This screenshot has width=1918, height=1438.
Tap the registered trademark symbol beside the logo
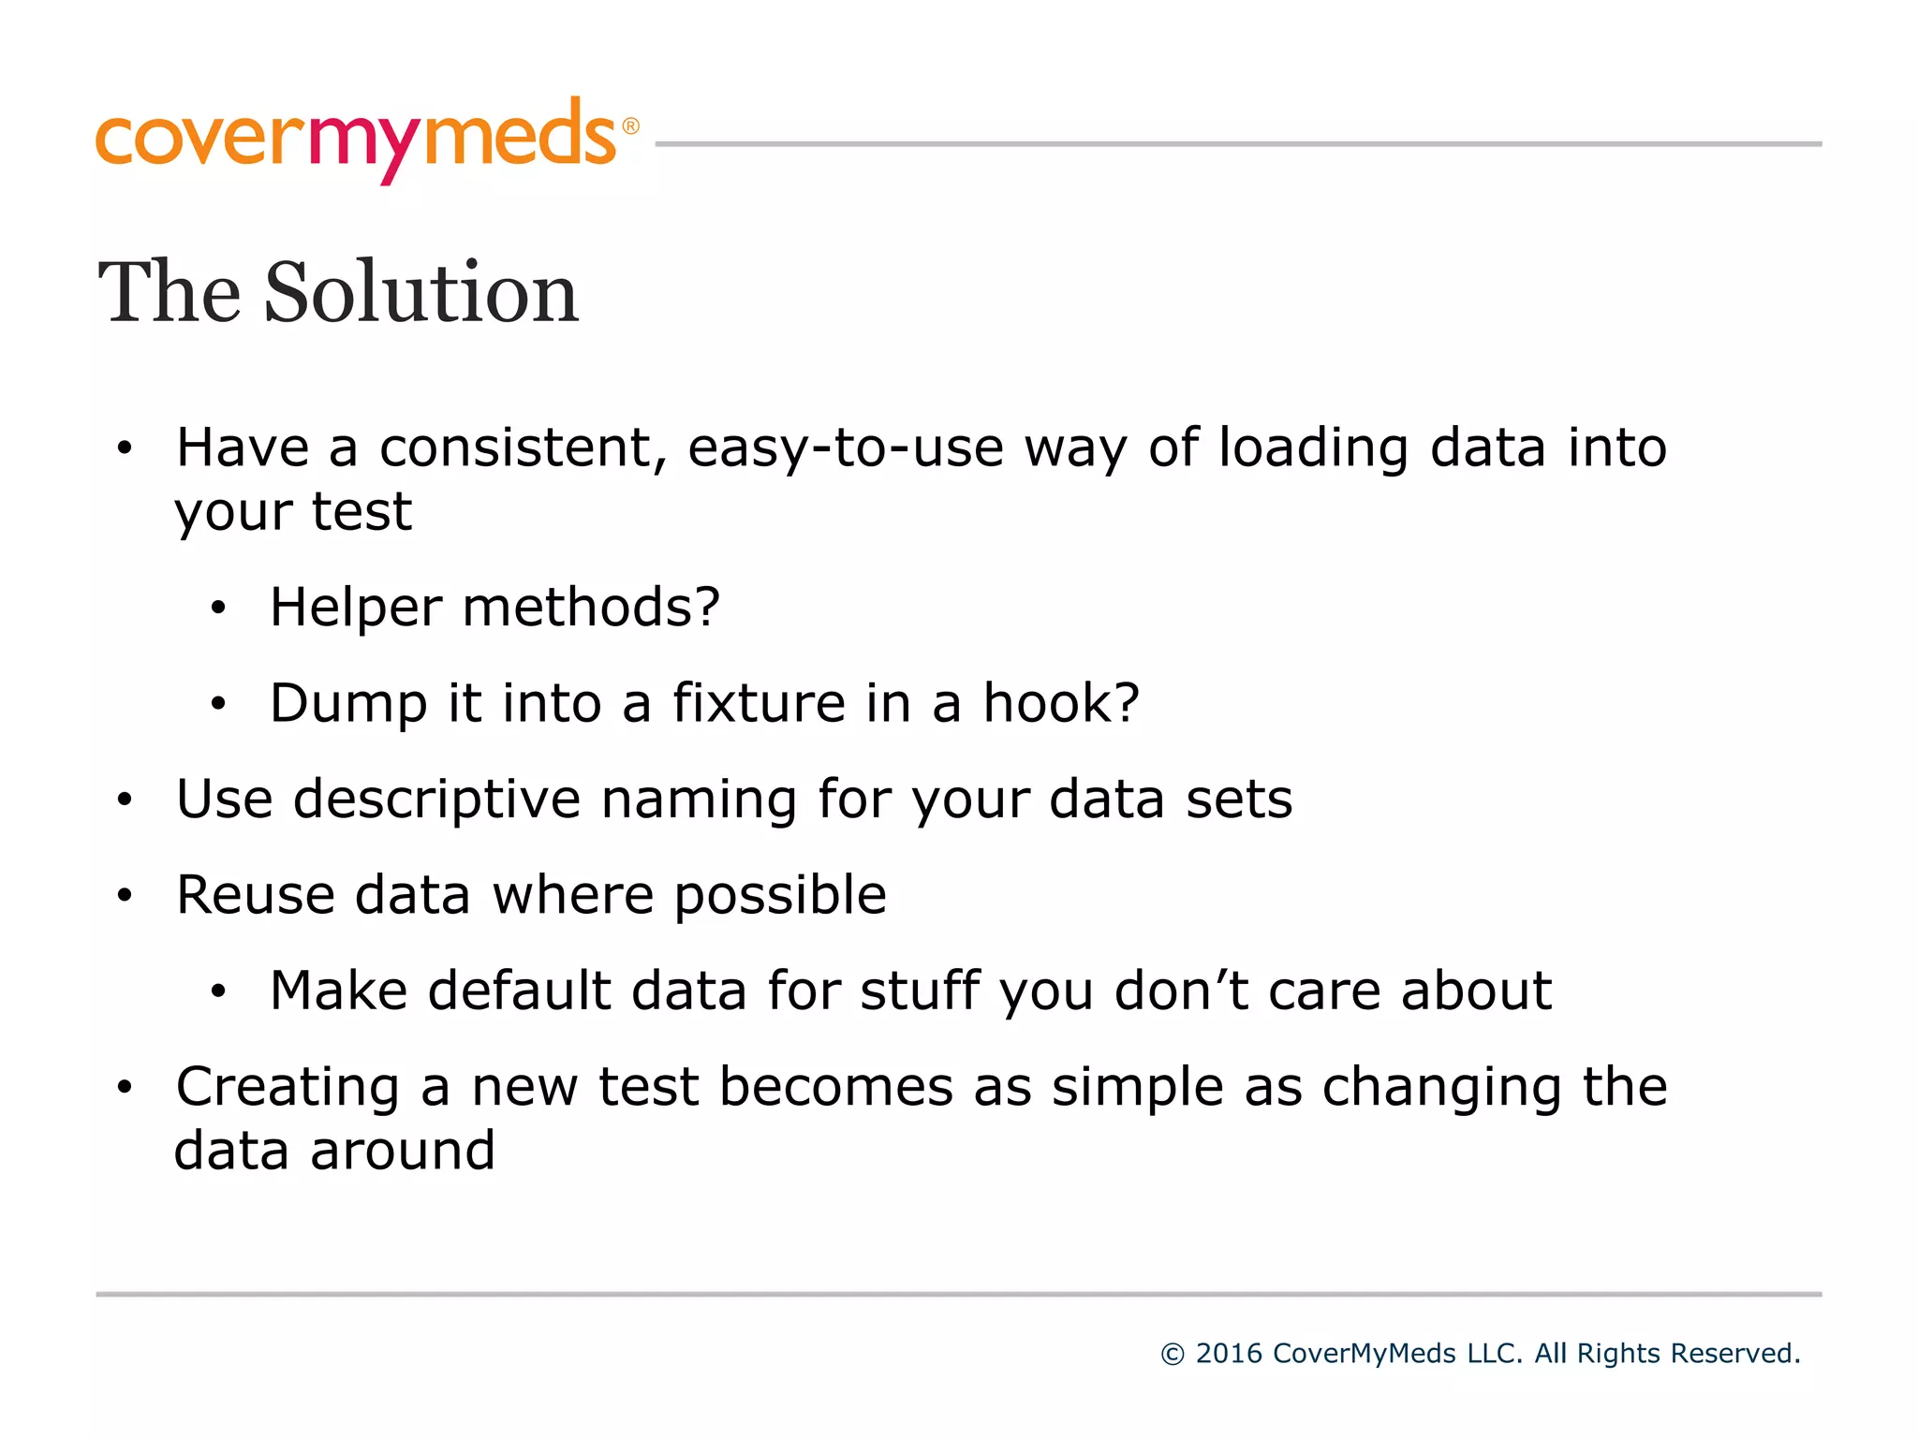point(630,126)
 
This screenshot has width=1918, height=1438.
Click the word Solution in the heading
point(421,293)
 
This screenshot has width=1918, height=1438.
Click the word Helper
point(355,609)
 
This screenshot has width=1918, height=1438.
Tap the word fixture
point(759,703)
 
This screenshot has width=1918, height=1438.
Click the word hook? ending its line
point(1060,703)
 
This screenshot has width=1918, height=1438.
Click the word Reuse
point(256,895)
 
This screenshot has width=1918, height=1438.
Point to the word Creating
point(288,1088)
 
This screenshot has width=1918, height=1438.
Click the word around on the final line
point(403,1151)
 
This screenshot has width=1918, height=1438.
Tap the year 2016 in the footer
point(1228,1354)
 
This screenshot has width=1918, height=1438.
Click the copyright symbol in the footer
point(1172,1355)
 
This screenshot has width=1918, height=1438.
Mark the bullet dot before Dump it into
point(218,704)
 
